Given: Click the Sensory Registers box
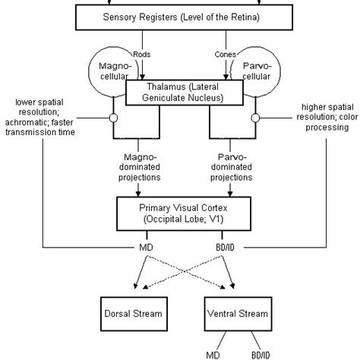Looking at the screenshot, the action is coord(184,17).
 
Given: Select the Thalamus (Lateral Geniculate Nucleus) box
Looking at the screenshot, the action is coord(185,93).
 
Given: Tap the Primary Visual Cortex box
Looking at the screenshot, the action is coord(184,213).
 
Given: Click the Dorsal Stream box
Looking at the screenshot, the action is coord(134,314).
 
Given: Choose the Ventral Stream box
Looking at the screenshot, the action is coord(238,314).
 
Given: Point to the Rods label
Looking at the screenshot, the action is coord(142,54).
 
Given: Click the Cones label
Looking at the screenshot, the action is coord(226,54).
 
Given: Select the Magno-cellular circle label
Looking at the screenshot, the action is coord(115,71).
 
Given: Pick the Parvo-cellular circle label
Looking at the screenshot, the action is coord(257,71).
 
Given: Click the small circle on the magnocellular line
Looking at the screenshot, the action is coord(113,118).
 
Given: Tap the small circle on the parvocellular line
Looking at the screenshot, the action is coord(255,118).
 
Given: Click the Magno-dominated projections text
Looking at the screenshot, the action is coord(139,167).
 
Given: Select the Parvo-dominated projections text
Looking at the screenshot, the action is coord(231,167).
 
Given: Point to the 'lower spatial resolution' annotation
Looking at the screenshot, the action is coord(40,117).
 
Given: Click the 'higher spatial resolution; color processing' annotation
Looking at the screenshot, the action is coord(327,117).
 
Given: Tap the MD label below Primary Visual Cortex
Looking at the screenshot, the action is coord(146,248).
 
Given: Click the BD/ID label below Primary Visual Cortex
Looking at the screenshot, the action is coord(225,248).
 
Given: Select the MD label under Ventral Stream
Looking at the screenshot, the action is coord(213,355).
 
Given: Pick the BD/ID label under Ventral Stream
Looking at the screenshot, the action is coord(261,355).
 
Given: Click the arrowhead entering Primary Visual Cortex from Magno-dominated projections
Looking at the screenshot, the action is coord(138,194).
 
